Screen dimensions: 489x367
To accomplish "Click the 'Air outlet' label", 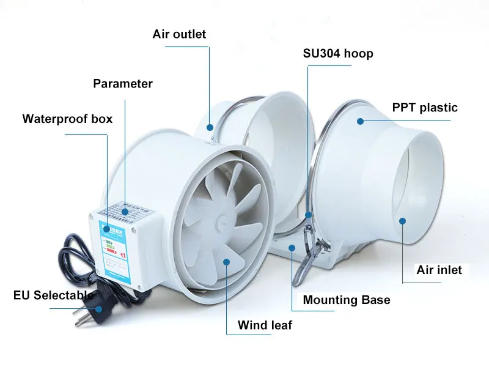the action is coord(179,34).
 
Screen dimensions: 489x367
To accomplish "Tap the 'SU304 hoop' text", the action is coord(338,53).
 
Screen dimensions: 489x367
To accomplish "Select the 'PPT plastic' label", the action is coord(425,108).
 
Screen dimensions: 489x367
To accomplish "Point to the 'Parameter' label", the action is coord(123,84).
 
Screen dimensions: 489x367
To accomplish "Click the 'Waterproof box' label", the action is coord(67,119).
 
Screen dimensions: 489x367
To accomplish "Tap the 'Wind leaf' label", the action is coord(265,325).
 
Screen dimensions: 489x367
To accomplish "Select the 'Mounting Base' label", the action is coord(346,300).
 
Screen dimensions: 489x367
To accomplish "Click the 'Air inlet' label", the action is coord(439,270).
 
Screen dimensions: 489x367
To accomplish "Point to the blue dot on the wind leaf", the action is coord(226,262).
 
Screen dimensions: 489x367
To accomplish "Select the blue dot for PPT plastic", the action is coord(361,121).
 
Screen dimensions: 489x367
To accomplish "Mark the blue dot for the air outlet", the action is coord(210,127).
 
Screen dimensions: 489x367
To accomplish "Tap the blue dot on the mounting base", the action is coord(293,248).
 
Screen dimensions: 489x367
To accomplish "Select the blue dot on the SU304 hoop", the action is coord(309,214).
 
